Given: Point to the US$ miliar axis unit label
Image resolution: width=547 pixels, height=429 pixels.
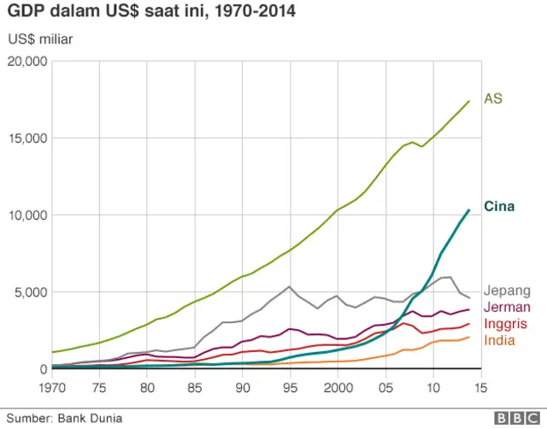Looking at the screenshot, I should [x=40, y=39].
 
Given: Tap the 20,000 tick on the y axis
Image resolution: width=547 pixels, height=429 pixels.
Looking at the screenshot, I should [x=27, y=62].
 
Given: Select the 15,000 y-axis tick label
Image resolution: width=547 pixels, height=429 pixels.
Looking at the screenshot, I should [x=27, y=138].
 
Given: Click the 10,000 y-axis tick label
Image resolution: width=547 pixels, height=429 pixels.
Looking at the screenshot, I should [x=27, y=215].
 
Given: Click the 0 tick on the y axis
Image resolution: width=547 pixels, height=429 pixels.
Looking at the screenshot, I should [x=43, y=369].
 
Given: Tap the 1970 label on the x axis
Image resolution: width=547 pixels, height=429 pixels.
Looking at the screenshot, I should [x=52, y=386].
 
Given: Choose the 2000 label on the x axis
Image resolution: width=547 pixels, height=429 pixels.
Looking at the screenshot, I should [x=339, y=386].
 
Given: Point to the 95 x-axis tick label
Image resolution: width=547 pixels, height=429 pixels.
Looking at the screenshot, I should [x=291, y=386].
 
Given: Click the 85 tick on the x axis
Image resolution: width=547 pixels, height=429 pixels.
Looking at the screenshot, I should [x=195, y=386].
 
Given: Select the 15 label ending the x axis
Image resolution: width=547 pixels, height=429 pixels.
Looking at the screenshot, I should [x=482, y=386].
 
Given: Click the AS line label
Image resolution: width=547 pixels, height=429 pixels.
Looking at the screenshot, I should [x=493, y=98].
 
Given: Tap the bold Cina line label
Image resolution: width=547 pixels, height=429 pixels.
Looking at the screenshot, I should [x=498, y=206].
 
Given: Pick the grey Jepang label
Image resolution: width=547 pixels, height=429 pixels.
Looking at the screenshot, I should [x=508, y=291].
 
